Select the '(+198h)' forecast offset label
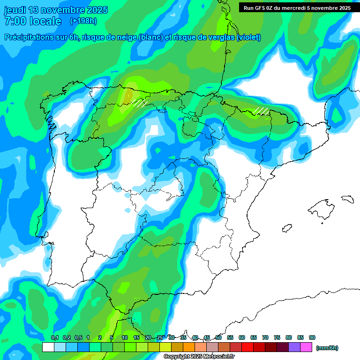[83, 21]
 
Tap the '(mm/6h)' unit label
[327, 348]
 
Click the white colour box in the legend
[48, 347]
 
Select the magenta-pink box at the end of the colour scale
[306, 347]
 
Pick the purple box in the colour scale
[294, 347]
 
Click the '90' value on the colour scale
[312, 337]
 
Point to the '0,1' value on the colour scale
[54, 337]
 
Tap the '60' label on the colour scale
[242, 337]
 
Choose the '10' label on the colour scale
[125, 337]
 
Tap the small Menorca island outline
[347, 199]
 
